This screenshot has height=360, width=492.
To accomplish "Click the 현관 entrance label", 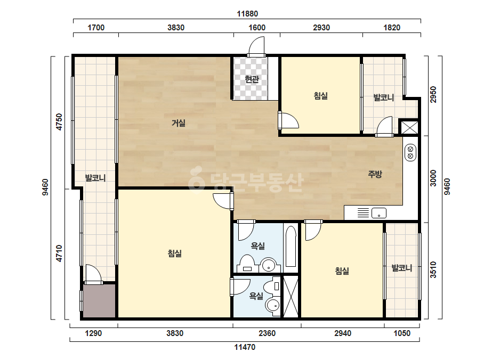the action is tap(252, 79).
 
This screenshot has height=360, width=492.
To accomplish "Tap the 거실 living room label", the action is tap(178, 123).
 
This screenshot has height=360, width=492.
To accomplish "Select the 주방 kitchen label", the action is tap(375, 174).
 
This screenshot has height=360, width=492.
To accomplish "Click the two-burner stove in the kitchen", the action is tap(410, 153).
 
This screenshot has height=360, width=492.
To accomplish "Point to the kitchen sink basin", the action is tap(378, 213).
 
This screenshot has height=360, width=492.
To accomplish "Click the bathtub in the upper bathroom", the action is tap(291, 246).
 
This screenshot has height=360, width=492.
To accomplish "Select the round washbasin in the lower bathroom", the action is tap(273, 305).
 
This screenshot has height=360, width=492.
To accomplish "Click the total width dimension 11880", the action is tap(247, 14).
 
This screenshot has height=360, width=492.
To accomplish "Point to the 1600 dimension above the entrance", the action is tap(257, 28).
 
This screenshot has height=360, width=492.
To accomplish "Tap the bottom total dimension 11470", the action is tap(245, 347).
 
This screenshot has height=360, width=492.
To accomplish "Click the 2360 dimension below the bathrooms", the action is tap(267, 333).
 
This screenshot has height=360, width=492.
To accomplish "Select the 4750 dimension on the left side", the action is tap(59, 122).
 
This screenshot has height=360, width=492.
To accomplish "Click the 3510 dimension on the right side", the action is tap(433, 269).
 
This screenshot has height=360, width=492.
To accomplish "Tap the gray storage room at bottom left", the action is tap(99, 301).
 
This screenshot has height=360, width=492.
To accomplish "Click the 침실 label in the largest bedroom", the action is tap(175, 253).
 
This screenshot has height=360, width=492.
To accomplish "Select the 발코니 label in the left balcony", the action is tap(95, 178).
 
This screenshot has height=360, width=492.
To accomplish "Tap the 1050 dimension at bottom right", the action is tap(402, 333).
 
